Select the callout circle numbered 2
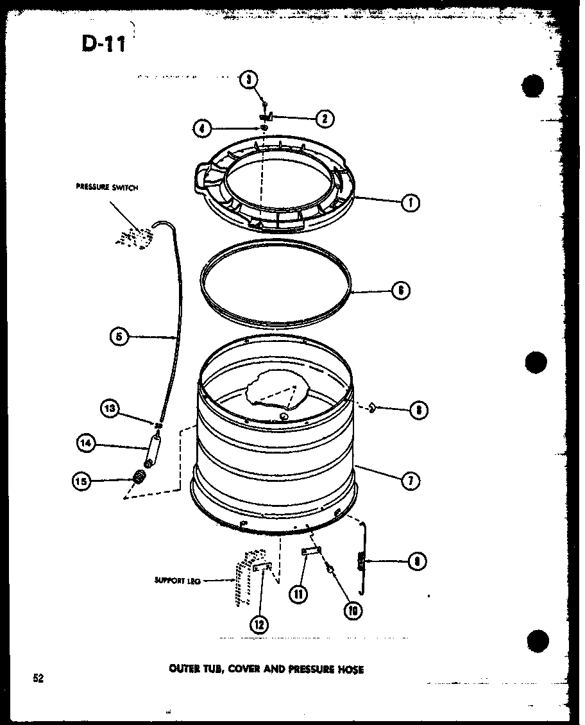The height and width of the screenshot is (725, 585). pyautogui.click(x=325, y=118)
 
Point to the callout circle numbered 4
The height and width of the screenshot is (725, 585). pyautogui.click(x=202, y=128)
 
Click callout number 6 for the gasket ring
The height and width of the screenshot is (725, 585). pyautogui.click(x=400, y=290)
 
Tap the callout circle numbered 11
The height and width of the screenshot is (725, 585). pyautogui.click(x=298, y=594)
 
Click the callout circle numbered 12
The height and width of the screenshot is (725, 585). pyautogui.click(x=260, y=624)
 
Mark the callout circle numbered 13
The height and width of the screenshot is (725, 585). pyautogui.click(x=110, y=408)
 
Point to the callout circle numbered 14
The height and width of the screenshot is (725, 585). pyautogui.click(x=86, y=443)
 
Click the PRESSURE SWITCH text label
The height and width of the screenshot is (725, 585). pyautogui.click(x=106, y=187)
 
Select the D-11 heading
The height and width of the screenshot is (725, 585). pyautogui.click(x=103, y=44)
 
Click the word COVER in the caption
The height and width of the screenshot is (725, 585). pyautogui.click(x=242, y=669)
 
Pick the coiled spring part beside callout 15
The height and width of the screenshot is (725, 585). pyautogui.click(x=138, y=476)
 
